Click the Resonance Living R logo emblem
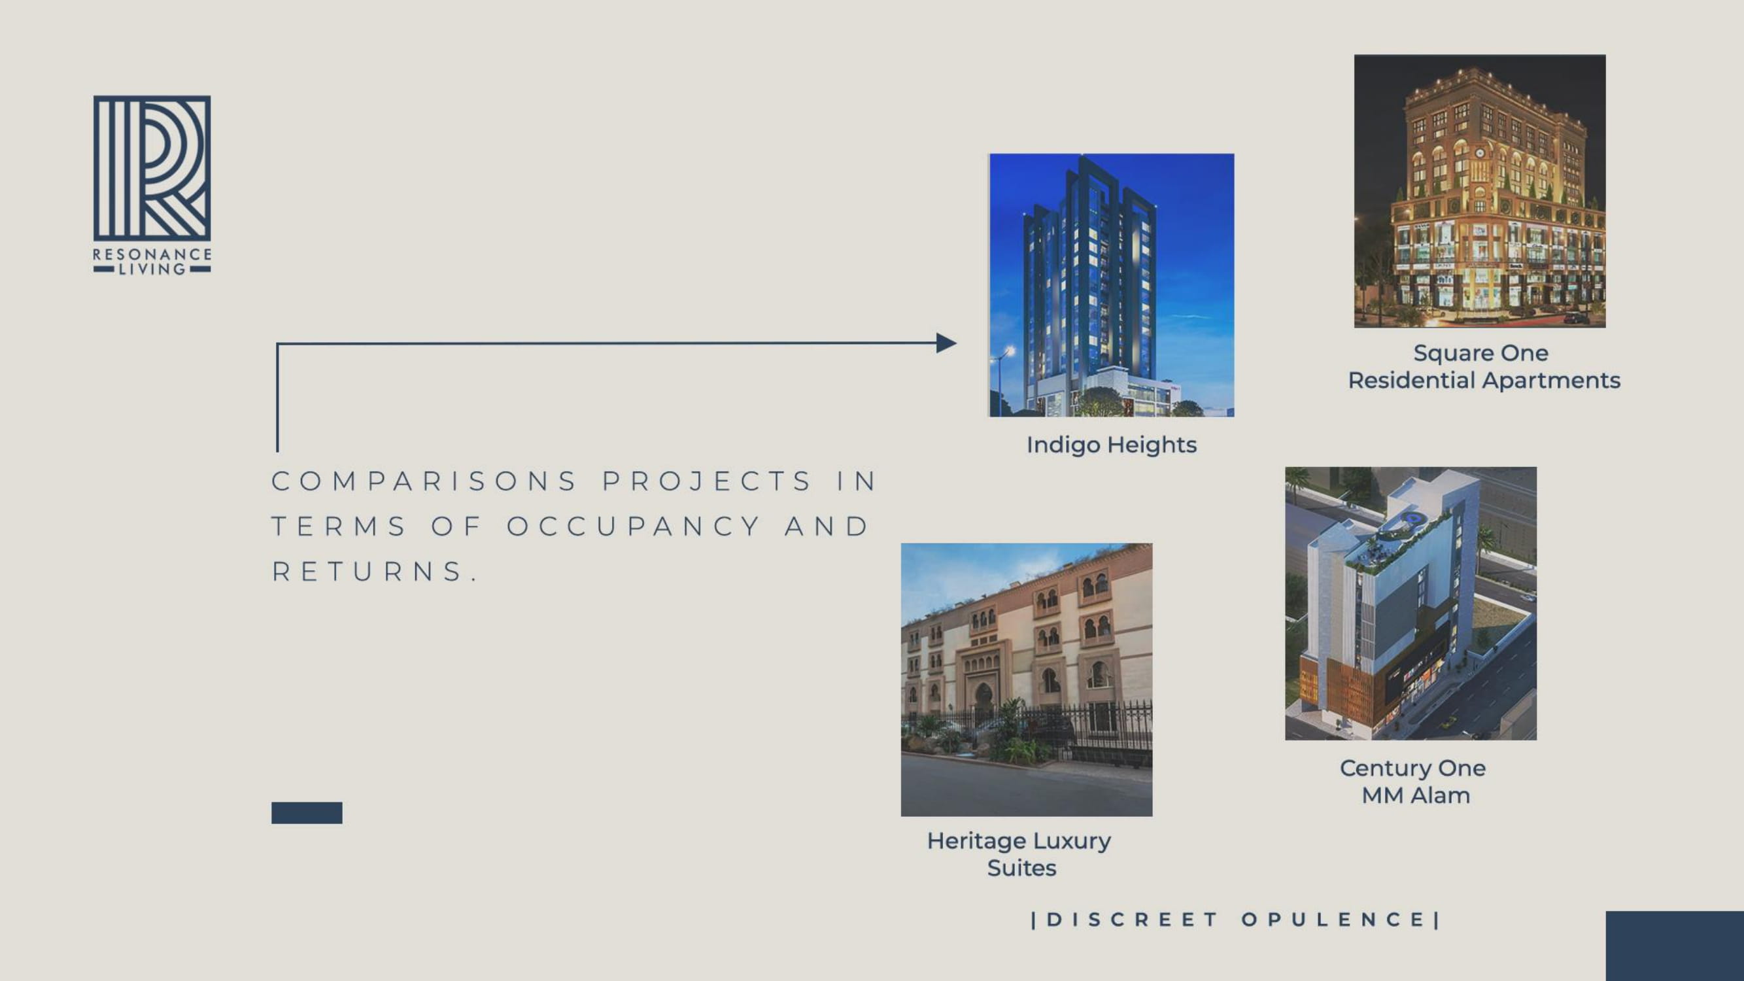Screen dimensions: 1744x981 pos(152,168)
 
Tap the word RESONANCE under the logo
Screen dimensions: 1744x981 pos(152,254)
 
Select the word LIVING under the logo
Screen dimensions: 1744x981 pos(152,269)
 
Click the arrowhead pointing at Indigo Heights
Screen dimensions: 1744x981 pos(946,343)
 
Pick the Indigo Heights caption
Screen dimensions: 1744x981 pos(1112,445)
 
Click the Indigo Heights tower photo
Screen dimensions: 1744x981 pos(1112,285)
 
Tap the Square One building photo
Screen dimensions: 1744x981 pos(1479,191)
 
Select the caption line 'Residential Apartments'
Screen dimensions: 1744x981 pos(1484,381)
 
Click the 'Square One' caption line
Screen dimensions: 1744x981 pos(1480,353)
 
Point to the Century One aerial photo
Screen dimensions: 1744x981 pos(1411,603)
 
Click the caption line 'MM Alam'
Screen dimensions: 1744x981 pos(1416,795)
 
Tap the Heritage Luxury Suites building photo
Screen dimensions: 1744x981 pos(1027,680)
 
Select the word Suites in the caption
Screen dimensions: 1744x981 pos(1021,868)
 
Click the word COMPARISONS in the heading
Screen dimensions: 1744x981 pos(424,481)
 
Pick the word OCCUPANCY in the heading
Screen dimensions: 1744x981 pos(634,526)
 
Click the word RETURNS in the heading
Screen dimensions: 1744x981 pos(375,572)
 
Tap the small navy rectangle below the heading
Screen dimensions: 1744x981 pos(307,812)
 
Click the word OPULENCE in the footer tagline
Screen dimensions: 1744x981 pos(1334,920)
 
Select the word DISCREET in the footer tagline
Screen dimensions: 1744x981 pos(1132,920)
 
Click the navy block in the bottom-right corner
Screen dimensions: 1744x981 pos(1675,946)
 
